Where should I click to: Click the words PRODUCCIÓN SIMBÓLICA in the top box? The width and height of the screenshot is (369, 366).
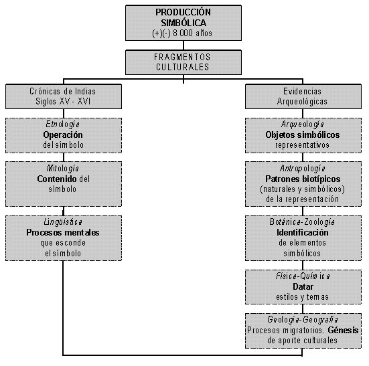(x=183, y=17)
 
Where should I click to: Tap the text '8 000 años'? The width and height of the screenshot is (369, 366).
(x=192, y=33)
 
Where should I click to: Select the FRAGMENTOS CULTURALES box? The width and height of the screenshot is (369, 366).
(x=183, y=62)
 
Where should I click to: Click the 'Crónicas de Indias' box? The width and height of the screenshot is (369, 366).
(x=64, y=96)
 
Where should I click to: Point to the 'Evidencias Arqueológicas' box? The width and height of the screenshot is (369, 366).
(x=303, y=96)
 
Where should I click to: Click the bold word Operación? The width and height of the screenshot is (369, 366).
(x=63, y=134)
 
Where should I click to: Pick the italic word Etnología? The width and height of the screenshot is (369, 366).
(x=62, y=124)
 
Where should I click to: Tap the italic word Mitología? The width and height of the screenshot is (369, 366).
(x=62, y=169)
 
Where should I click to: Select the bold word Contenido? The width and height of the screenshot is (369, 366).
(x=57, y=179)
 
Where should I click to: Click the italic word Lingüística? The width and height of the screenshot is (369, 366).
(x=63, y=222)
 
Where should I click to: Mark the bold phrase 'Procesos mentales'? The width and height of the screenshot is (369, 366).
(x=63, y=232)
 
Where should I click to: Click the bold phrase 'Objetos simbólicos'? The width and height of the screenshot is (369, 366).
(x=303, y=134)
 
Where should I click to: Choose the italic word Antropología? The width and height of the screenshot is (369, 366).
(x=303, y=169)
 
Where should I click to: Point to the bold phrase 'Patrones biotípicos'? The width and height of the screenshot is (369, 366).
(x=303, y=179)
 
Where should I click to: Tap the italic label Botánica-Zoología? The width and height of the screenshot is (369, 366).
(x=302, y=222)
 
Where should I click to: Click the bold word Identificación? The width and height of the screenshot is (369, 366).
(x=303, y=232)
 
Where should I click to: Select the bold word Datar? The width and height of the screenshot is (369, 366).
(x=303, y=286)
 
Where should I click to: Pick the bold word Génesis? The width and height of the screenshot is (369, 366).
(x=343, y=331)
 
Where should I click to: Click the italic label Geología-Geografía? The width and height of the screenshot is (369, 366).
(x=303, y=320)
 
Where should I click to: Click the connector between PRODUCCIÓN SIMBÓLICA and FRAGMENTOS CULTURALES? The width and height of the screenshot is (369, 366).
(x=183, y=45)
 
